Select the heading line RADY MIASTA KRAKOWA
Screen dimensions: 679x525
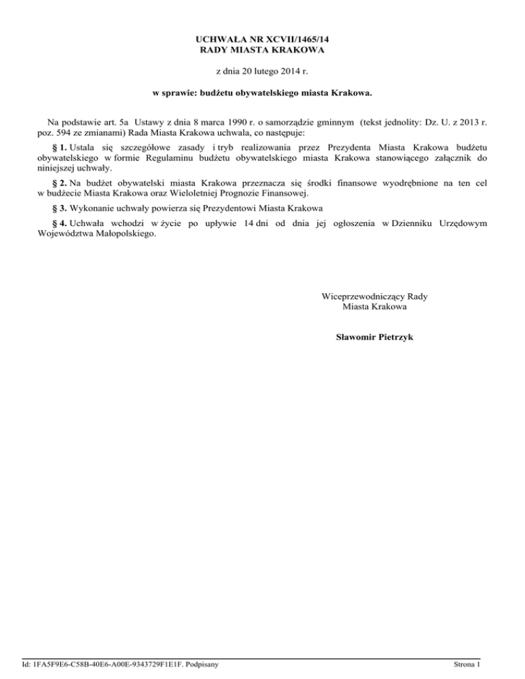coord(262,51)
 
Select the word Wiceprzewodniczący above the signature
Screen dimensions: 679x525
coord(362,296)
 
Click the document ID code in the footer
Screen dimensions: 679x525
coord(102,664)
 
